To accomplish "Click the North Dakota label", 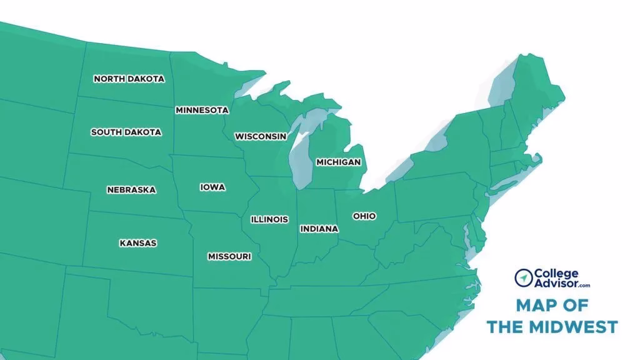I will tap(129, 79).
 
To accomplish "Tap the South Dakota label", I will tap(126, 132).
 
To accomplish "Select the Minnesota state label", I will tap(202, 111).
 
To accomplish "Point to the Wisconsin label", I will tap(261, 136).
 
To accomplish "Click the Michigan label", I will tap(338, 162).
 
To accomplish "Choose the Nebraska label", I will tap(131, 190).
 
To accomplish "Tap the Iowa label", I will tap(212, 187).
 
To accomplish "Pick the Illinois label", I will tap(269, 219).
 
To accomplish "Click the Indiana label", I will tap(319, 229).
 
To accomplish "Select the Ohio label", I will tap(364, 216).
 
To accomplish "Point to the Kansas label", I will tap(138, 243).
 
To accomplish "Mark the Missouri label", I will tap(229, 257).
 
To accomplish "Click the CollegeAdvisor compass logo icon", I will tap(523, 277).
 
